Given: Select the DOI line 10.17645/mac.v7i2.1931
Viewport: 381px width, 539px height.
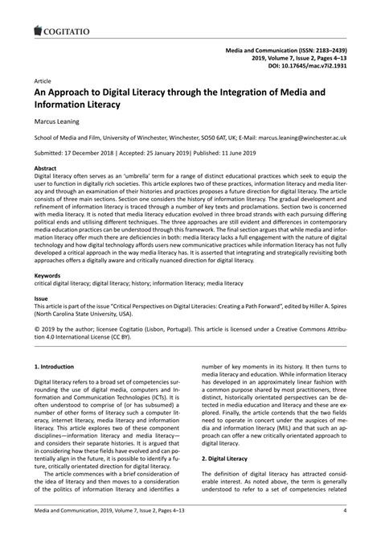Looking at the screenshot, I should tap(309, 66).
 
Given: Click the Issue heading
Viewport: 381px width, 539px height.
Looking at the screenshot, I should tap(41, 298).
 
